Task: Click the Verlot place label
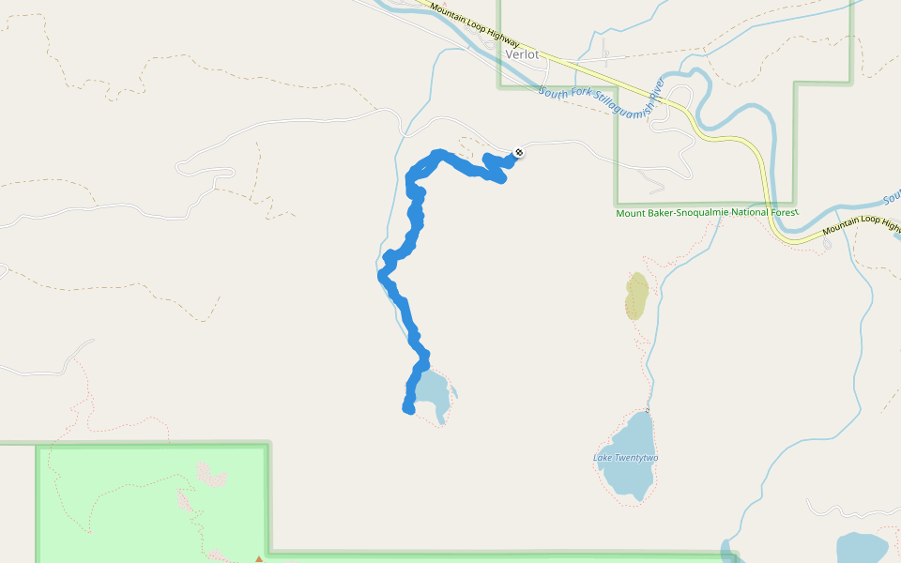coord(523,54)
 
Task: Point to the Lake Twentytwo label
coord(626,458)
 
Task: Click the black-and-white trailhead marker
coord(519,152)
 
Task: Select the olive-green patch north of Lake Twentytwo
coord(636,296)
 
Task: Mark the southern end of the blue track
coord(408,408)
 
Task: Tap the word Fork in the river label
coord(576,95)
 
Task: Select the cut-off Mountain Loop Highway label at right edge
coord(861,229)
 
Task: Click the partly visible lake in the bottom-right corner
coord(862,549)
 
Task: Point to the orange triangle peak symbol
coord(259,559)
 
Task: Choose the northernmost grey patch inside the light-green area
coord(211,474)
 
